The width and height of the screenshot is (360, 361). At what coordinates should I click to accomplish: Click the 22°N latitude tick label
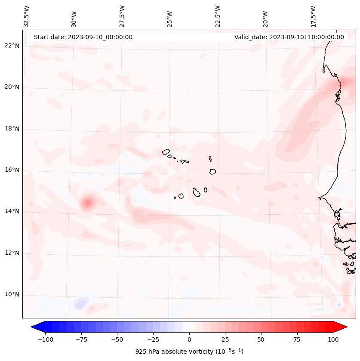pyautogui.click(x=12, y=46)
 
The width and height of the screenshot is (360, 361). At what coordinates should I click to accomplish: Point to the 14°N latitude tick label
pyautogui.click(x=12, y=211)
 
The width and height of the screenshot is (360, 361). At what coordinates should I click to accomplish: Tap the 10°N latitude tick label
pyautogui.click(x=12, y=294)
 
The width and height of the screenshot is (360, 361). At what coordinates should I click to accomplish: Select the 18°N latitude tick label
pyautogui.click(x=12, y=129)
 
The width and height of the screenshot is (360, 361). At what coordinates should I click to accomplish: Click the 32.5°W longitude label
pyautogui.click(x=27, y=16)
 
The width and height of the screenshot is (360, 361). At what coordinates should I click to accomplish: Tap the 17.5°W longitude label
pyautogui.click(x=313, y=16)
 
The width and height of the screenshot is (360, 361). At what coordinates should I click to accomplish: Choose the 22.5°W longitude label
pyautogui.click(x=218, y=16)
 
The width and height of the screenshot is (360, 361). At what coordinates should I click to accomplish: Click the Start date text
pyautogui.click(x=83, y=37)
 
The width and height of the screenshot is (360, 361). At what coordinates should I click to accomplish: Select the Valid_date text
pyautogui.click(x=289, y=37)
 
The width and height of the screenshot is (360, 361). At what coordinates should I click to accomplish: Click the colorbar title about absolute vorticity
pyautogui.click(x=189, y=352)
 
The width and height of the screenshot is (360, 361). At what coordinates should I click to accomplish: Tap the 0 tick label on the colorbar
pyautogui.click(x=189, y=339)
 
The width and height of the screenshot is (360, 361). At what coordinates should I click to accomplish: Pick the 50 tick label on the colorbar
pyautogui.click(x=261, y=339)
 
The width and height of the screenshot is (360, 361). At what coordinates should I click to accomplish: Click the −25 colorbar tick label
pyautogui.click(x=153, y=339)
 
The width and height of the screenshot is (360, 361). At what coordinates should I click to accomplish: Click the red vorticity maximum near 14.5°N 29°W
pyautogui.click(x=88, y=202)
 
